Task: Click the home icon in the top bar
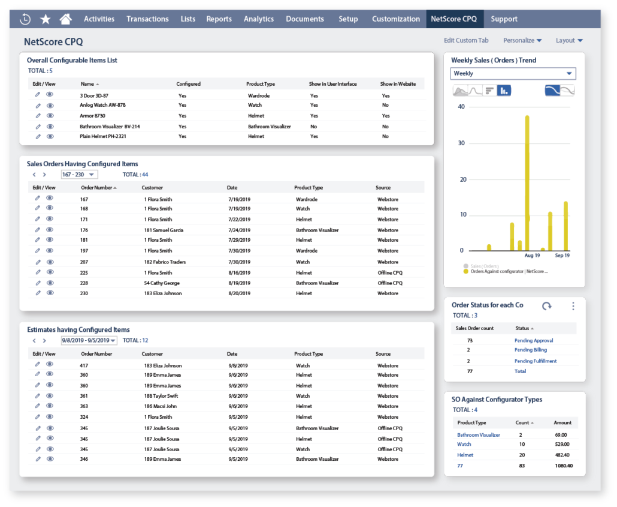click(65, 19)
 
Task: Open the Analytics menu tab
click(259, 19)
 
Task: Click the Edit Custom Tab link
click(466, 40)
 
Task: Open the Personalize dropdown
click(522, 40)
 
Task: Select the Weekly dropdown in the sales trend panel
click(513, 73)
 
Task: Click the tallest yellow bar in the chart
click(527, 180)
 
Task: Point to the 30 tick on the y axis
click(461, 143)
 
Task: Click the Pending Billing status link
click(531, 350)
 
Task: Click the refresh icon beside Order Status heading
click(546, 306)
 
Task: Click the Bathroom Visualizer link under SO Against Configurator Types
click(478, 434)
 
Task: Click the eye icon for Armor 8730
click(50, 116)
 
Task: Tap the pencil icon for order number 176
click(38, 230)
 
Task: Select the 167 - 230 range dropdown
click(79, 175)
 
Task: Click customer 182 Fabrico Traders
click(165, 262)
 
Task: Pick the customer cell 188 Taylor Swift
click(162, 396)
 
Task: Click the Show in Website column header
click(398, 84)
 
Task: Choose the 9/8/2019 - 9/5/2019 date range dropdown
click(89, 340)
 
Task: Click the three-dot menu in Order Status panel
click(573, 306)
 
